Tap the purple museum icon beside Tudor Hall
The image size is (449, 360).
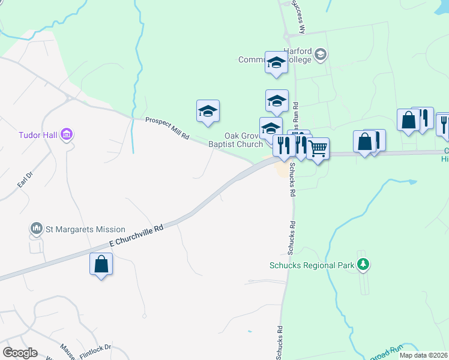[67, 133]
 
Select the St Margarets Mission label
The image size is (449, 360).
[85, 229]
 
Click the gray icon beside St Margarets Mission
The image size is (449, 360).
[37, 229]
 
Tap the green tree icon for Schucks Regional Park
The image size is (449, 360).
[362, 264]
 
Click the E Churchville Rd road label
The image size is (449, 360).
[136, 236]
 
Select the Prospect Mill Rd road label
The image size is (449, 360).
[167, 129]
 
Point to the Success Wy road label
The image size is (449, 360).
[298, 16]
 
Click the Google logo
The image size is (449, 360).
[19, 353]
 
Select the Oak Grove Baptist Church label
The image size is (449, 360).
[235, 140]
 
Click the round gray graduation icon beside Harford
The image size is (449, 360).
[321, 55]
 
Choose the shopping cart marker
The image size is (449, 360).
[318, 147]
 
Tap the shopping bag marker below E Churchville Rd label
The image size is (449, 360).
[101, 264]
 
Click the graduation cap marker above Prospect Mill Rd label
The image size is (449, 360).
[208, 111]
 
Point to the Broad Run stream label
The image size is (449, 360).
[387, 354]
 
